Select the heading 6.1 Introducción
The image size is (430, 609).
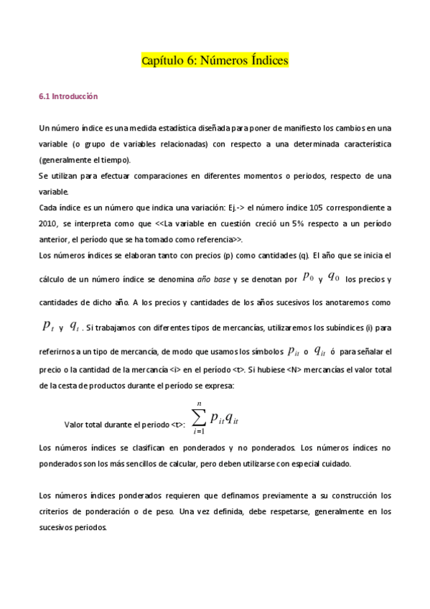tap(68, 96)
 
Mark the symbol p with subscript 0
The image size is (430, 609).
tap(308, 276)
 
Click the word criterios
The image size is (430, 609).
tap(53, 511)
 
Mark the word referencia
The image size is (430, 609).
tap(215, 239)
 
